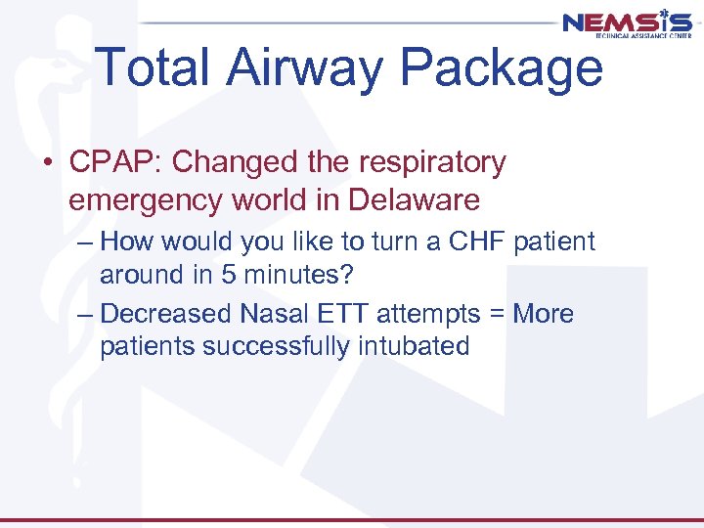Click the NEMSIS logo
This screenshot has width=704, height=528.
[x=627, y=24]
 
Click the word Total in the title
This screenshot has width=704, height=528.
[x=161, y=67]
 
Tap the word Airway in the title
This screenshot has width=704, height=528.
[x=314, y=67]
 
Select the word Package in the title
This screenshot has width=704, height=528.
[x=503, y=67]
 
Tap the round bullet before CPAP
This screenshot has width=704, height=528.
[x=48, y=163]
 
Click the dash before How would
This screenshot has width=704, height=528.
[x=84, y=242]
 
